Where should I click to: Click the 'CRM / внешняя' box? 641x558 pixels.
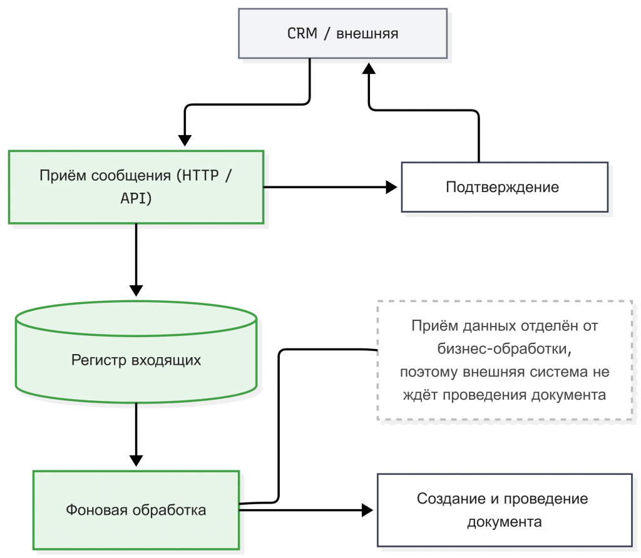tap(342, 33)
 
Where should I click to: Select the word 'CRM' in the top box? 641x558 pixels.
tap(302, 34)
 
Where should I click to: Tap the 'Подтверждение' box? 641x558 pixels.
tap(504, 187)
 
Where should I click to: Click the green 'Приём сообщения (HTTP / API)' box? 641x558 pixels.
tap(136, 186)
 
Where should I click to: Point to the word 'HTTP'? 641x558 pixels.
tap(198, 175)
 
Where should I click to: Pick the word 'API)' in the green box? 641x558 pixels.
tap(136, 198)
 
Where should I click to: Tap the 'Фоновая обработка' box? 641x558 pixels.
tap(136, 510)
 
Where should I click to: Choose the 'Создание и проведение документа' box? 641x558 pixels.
tap(504, 510)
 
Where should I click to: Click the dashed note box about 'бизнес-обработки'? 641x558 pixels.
tap(504, 361)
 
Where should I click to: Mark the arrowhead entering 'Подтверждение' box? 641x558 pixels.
tap(392, 186)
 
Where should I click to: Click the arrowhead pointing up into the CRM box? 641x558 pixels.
tap(369, 69)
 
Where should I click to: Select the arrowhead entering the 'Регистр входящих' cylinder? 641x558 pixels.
tap(136, 290)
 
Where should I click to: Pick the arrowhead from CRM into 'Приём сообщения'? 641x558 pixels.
tap(185, 140)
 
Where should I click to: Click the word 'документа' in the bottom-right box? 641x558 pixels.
tap(504, 521)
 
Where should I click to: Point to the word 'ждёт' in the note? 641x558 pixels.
tap(424, 395)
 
